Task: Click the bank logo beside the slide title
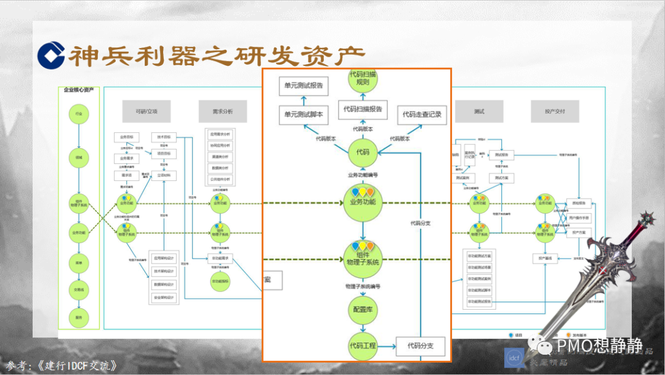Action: click(x=51, y=54)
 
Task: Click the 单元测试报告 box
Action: click(x=303, y=86)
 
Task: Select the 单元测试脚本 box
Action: click(x=303, y=114)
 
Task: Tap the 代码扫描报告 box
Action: click(x=363, y=109)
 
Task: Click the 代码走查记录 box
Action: click(x=422, y=115)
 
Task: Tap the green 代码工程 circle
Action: click(x=363, y=345)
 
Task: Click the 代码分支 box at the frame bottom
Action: click(x=420, y=347)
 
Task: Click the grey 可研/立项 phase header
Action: click(x=146, y=111)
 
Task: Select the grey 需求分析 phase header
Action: click(x=222, y=111)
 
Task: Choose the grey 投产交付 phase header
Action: click(x=555, y=111)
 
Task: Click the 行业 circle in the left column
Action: click(x=78, y=115)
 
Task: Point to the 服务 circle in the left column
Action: click(x=78, y=317)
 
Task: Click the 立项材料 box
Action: click(x=164, y=175)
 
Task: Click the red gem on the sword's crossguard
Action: click(x=647, y=217)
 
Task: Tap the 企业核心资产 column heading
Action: click(x=78, y=90)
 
